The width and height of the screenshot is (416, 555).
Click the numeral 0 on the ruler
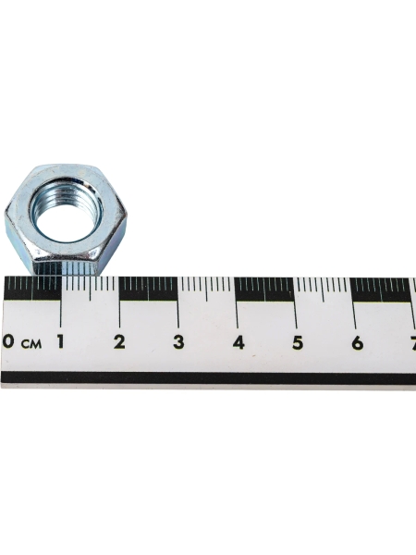point(8,342)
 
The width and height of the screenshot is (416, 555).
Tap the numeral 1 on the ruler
point(61,342)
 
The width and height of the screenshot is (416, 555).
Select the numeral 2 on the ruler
point(119,342)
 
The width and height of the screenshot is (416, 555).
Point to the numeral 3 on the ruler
point(178,342)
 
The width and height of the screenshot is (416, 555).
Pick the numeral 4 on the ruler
point(239,343)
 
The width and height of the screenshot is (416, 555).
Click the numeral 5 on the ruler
point(298,343)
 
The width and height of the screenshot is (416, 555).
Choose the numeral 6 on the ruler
point(358,343)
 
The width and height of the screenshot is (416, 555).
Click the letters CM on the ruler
point(31,343)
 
